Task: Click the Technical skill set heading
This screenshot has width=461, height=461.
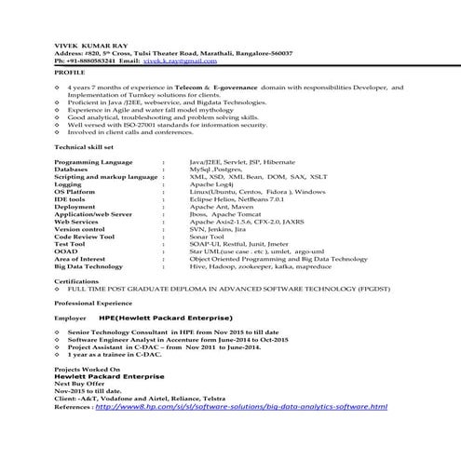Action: pyautogui.click(x=84, y=147)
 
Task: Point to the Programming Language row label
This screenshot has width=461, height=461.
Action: pyautogui.click(x=93, y=162)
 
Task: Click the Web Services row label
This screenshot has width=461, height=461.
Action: pyautogui.click(x=76, y=222)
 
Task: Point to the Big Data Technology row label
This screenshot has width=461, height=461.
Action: pyautogui.click(x=88, y=266)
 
